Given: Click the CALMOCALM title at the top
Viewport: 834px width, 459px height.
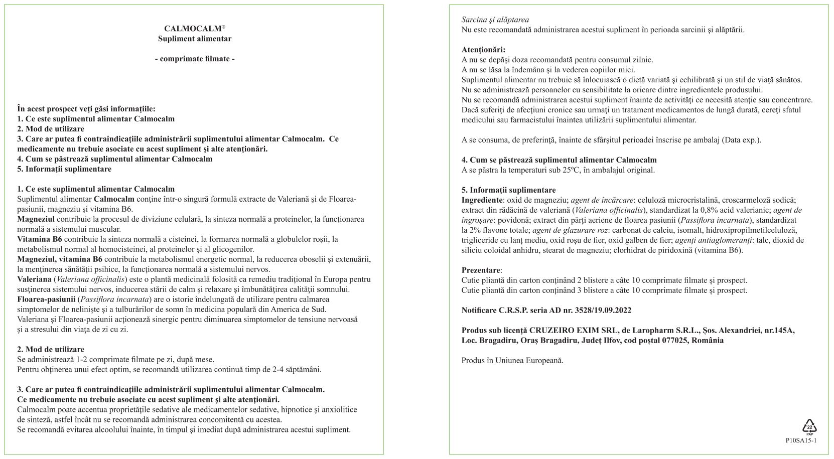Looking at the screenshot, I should [x=194, y=29].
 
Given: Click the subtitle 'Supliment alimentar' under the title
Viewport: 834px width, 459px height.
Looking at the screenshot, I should [x=195, y=39].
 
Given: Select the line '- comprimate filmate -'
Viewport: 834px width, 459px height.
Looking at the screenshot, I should [x=195, y=59].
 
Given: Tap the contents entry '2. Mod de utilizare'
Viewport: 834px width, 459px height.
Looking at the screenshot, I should [x=51, y=129].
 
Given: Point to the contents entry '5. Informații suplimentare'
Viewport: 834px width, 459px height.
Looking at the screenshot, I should [x=64, y=169].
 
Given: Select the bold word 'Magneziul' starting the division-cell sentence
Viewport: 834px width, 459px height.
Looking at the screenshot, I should [x=36, y=219].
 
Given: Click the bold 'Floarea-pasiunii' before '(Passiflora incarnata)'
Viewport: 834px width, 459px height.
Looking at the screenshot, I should [x=47, y=299].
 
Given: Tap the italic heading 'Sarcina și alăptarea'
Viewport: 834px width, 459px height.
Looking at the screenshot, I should [x=495, y=20].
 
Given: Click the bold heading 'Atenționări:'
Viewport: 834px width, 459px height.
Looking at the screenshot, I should [x=483, y=50].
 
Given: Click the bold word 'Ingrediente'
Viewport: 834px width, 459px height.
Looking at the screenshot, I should [x=482, y=200].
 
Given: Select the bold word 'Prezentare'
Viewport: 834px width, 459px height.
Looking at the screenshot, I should [x=481, y=270].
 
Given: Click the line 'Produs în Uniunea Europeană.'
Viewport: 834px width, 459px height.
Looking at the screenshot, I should [x=512, y=361].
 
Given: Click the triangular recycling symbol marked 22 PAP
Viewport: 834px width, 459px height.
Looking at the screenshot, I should [x=809, y=426].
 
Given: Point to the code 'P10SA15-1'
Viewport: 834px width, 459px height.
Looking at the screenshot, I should [x=801, y=440].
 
